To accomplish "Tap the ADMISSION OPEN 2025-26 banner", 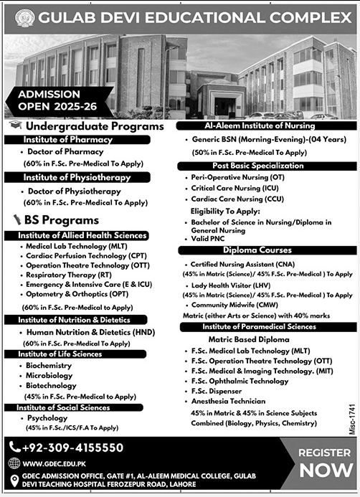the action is coord(48,100).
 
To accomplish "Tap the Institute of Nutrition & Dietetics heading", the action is coord(74,320).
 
